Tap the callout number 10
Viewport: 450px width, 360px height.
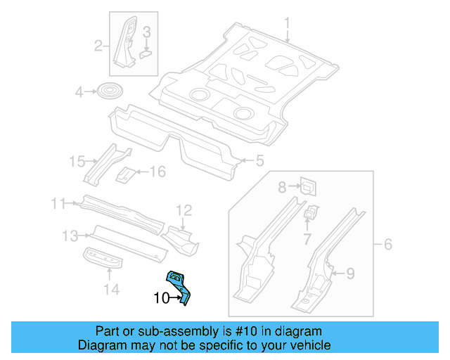point(161,298)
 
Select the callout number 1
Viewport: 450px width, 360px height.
point(288,27)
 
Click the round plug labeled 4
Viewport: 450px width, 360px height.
point(108,91)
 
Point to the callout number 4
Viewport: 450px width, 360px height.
point(79,91)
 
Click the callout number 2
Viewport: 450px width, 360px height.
point(99,47)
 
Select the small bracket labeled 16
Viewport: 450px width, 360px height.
point(125,174)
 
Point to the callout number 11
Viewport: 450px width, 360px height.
point(58,204)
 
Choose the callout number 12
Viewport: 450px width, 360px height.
point(184,210)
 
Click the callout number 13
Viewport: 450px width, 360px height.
point(70,235)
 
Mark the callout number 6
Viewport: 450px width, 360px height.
point(387,245)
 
